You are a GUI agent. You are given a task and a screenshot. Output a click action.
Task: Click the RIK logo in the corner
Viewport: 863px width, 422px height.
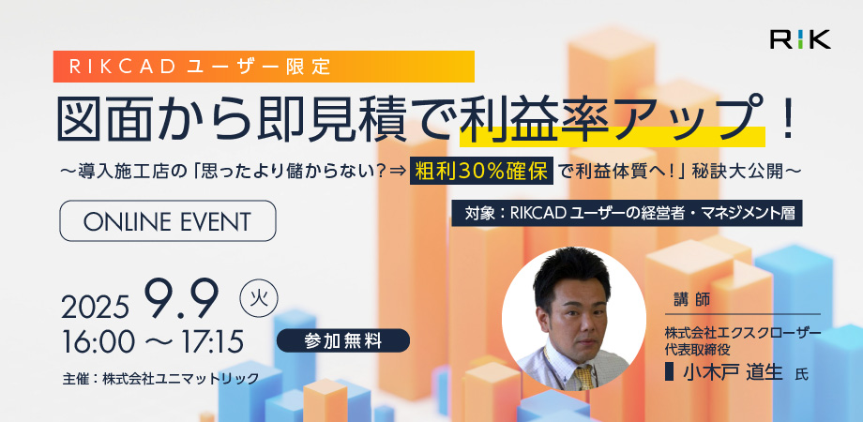pos(800,39)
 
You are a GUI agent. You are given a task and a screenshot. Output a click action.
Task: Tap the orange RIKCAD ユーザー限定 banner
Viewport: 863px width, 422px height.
pos(264,67)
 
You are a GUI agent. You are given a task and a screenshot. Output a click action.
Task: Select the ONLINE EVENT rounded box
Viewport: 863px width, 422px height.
pos(167,220)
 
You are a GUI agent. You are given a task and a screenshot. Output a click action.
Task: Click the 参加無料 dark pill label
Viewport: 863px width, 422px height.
pos(343,340)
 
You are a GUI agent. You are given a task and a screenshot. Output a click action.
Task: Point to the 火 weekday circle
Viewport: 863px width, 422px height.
pos(259,300)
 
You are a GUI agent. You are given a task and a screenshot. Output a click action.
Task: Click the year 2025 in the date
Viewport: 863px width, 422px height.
pos(95,307)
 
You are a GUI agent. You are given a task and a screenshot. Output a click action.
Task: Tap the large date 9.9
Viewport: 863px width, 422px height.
pos(181,299)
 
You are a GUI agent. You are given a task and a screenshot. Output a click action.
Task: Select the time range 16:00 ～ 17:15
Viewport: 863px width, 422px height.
pos(153,342)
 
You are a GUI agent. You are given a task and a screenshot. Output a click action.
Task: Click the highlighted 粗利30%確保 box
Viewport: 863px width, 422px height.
pos(481,172)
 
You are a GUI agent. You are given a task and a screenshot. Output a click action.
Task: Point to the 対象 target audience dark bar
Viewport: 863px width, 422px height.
pos(627,214)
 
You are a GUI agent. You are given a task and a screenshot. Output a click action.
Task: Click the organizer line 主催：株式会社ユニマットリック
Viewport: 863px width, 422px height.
pos(160,379)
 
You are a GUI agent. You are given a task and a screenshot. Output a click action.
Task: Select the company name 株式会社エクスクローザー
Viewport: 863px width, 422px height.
pos(743,333)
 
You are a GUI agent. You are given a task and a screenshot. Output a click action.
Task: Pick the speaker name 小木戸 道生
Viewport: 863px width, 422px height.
pos(733,372)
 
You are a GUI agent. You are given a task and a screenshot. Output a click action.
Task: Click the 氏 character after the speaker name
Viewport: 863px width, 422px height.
pos(802,375)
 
